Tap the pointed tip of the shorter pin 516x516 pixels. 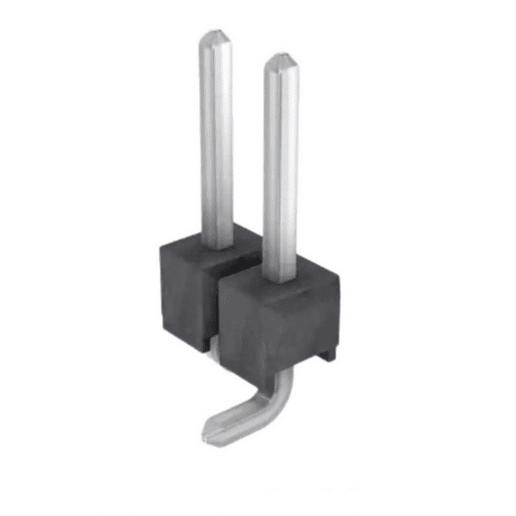280,59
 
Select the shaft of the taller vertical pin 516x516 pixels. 216,134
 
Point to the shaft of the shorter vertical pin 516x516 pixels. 280,161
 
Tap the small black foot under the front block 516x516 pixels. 328,354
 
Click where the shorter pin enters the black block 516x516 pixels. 280,271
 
